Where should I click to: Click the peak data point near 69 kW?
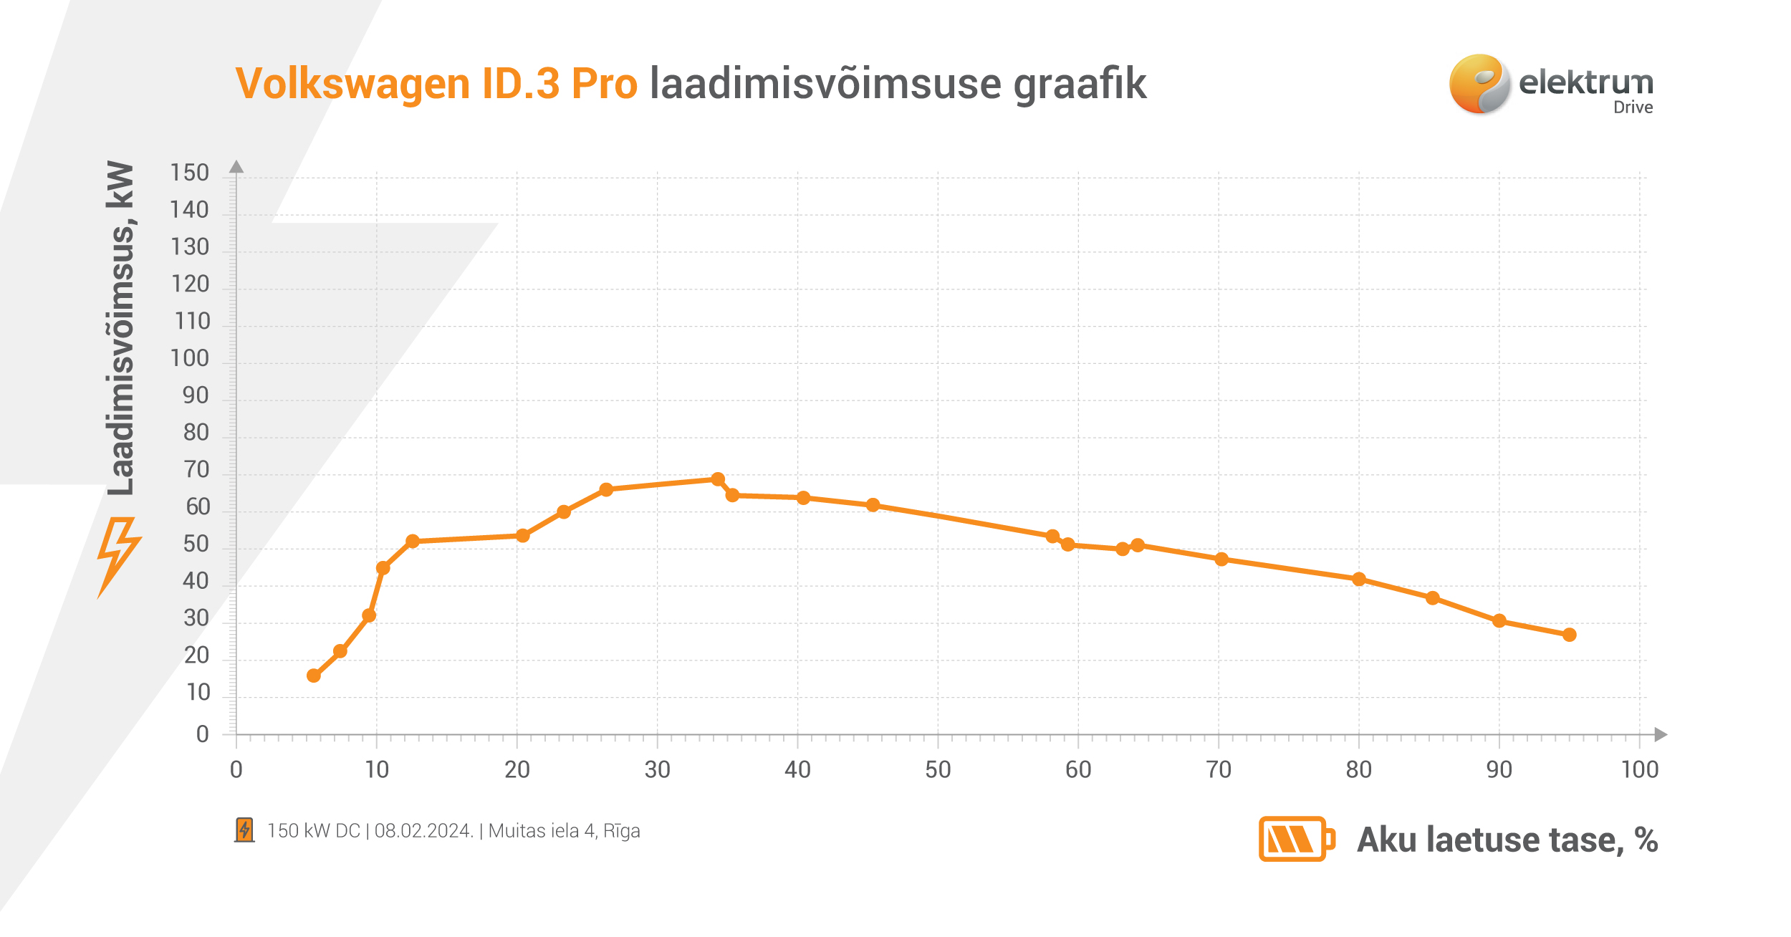pyautogui.click(x=718, y=479)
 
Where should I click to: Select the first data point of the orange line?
pyautogui.click(x=314, y=676)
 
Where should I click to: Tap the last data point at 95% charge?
pyautogui.click(x=1570, y=635)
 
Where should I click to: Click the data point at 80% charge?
pyautogui.click(x=1359, y=579)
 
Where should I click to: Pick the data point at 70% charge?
pyautogui.click(x=1221, y=559)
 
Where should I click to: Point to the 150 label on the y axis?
pyautogui.click(x=189, y=173)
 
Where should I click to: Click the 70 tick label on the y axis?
pyautogui.click(x=196, y=470)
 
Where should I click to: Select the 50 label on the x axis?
pyautogui.click(x=938, y=770)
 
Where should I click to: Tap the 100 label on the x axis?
pyautogui.click(x=1640, y=770)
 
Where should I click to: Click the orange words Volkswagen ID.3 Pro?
pyautogui.click(x=436, y=84)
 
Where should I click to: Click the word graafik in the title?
pyautogui.click(x=1080, y=84)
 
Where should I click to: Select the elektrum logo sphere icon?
pyautogui.click(x=1479, y=84)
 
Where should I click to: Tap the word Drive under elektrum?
pyautogui.click(x=1633, y=107)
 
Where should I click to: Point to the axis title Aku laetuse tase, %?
pyautogui.click(x=1507, y=840)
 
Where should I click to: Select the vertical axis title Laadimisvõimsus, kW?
pyautogui.click(x=120, y=328)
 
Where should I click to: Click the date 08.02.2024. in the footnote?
pyautogui.click(x=423, y=831)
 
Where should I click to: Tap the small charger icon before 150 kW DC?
pyautogui.click(x=244, y=830)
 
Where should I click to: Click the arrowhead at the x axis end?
pyautogui.click(x=1660, y=734)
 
